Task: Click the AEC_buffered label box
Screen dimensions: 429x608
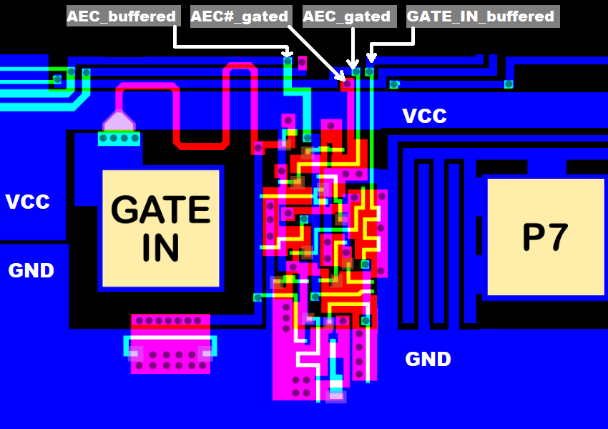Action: tap(122, 16)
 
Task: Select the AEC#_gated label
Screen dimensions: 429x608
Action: tap(240, 16)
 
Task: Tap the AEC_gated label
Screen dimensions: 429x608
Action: tap(347, 16)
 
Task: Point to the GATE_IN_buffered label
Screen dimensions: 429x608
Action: tap(481, 16)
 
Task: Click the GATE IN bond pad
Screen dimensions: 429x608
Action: tap(160, 228)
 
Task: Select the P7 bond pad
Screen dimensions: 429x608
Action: tap(545, 237)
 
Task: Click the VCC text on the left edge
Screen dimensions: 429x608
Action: tap(28, 202)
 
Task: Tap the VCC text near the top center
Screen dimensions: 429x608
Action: tap(424, 116)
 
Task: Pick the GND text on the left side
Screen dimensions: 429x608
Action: tap(31, 270)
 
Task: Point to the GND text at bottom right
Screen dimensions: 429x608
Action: tap(428, 359)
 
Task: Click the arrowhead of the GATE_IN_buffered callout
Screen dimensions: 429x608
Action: tap(371, 58)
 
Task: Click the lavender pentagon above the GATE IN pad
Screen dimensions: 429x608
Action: tap(118, 121)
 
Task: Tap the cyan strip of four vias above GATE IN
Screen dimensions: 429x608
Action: tap(119, 138)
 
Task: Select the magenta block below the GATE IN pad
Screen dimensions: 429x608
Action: tap(170, 344)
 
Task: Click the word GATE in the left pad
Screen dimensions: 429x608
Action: tap(160, 210)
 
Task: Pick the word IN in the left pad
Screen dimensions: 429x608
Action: tap(160, 246)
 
